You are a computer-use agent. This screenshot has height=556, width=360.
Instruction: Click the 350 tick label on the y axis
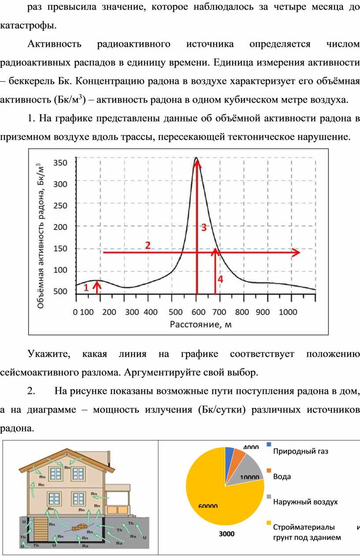click(60, 163)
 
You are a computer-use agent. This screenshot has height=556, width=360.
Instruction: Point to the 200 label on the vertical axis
click(60, 227)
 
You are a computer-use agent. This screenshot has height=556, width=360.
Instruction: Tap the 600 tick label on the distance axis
click(199, 312)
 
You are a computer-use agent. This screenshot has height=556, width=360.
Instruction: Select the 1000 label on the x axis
click(288, 312)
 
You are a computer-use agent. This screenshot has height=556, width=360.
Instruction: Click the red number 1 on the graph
click(86, 287)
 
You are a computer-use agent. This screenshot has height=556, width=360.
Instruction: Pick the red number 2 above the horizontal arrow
click(148, 245)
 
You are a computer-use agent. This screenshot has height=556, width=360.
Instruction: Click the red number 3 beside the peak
click(204, 227)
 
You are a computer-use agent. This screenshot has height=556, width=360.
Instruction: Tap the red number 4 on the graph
click(220, 279)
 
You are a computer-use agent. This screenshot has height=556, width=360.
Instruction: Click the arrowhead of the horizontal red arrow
click(296, 252)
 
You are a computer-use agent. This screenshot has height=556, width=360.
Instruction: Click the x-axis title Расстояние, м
click(200, 324)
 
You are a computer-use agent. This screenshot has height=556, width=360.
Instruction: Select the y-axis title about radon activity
click(41, 236)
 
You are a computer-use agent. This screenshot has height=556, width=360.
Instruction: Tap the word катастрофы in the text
click(28, 26)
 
